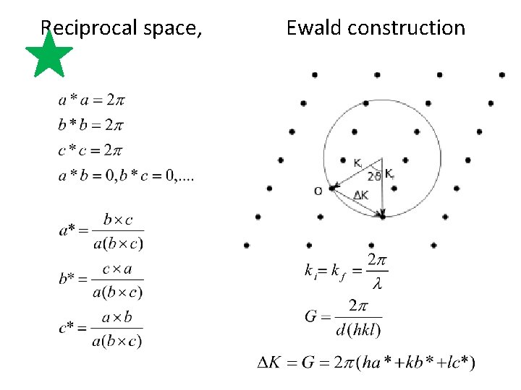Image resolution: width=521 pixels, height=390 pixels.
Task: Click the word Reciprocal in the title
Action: pyautogui.click(x=79, y=27)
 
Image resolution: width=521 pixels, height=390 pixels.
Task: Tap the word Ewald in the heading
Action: pyautogui.click(x=314, y=27)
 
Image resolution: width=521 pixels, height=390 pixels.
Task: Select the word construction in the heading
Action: pyautogui.click(x=407, y=27)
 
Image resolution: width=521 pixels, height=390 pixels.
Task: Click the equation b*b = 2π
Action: pyautogui.click(x=90, y=125)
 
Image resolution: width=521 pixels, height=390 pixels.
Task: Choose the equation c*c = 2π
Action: pyautogui.click(x=90, y=149)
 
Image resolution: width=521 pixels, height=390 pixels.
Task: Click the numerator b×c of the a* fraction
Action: pyautogui.click(x=118, y=219)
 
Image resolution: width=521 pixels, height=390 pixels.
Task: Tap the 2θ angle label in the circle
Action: pyautogui.click(x=373, y=175)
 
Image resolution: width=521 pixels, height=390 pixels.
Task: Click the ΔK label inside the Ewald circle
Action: pyautogui.click(x=361, y=195)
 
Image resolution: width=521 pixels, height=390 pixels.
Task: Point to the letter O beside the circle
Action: pyautogui.click(x=318, y=191)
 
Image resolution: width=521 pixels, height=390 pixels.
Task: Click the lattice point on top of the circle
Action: pyautogui.click(x=367, y=103)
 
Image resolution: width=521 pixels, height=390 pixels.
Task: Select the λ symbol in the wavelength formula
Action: pyautogui.click(x=376, y=284)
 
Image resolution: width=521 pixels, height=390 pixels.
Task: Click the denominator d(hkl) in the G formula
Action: pyautogui.click(x=359, y=329)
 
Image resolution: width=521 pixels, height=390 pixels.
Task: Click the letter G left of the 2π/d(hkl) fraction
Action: pyautogui.click(x=313, y=316)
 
